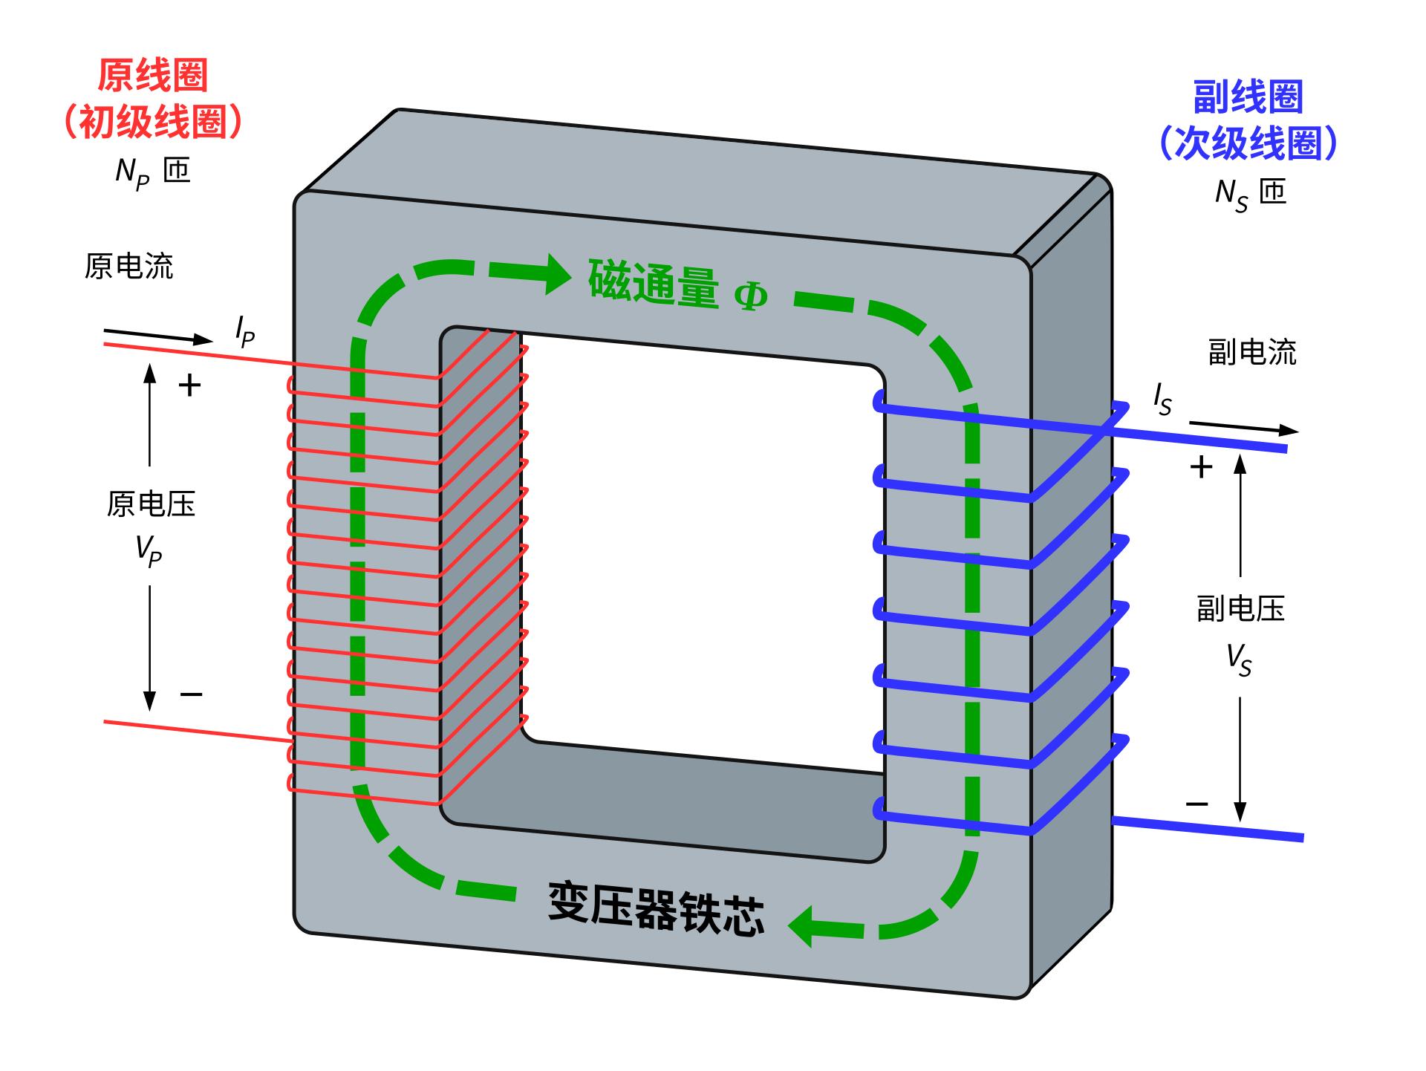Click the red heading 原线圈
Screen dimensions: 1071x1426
point(152,76)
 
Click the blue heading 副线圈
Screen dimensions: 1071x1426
point(1248,97)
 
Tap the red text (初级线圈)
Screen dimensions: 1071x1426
point(152,121)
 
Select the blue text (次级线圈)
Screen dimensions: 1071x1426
point(1248,143)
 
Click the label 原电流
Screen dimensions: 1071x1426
point(128,266)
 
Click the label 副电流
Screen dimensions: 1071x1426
point(1251,352)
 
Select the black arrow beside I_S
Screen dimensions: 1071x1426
point(1244,428)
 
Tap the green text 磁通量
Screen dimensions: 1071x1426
point(654,283)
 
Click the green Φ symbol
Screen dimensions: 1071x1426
point(750,296)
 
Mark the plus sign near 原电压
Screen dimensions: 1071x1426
point(190,385)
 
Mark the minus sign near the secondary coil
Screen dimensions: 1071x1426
point(1197,804)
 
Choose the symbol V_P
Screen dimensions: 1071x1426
point(149,551)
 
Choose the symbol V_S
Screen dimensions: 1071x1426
point(1239,660)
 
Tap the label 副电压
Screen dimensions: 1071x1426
point(1240,609)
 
